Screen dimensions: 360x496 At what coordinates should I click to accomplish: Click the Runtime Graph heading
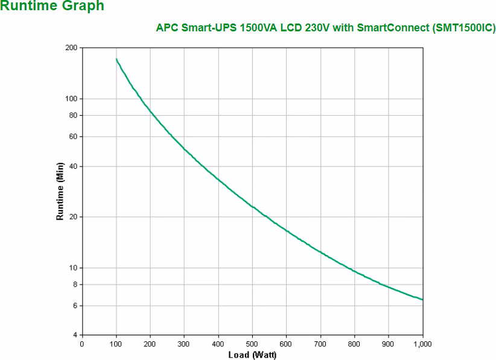52,7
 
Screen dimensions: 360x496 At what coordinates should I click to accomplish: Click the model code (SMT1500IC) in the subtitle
464,28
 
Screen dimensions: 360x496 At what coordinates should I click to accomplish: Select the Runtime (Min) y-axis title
60,191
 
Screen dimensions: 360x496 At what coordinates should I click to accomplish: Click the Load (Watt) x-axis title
252,354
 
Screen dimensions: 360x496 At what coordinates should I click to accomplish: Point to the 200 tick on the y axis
72,48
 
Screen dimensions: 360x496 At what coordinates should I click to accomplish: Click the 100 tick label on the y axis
72,98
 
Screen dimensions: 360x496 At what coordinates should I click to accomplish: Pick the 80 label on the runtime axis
74,115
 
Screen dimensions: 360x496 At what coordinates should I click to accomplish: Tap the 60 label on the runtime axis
74,136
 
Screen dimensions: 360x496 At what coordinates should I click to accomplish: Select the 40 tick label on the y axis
74,166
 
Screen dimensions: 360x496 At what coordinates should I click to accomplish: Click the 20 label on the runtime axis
74,217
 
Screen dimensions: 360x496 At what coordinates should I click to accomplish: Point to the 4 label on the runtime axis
75,335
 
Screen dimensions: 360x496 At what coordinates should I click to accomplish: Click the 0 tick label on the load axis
82,344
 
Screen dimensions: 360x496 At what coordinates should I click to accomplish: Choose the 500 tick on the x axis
252,344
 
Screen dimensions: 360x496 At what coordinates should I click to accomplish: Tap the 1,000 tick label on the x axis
422,344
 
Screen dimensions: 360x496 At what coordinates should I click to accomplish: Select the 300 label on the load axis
184,344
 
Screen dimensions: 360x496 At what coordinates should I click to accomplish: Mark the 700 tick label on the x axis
320,344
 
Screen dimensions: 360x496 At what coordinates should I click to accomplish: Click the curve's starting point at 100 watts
116,59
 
